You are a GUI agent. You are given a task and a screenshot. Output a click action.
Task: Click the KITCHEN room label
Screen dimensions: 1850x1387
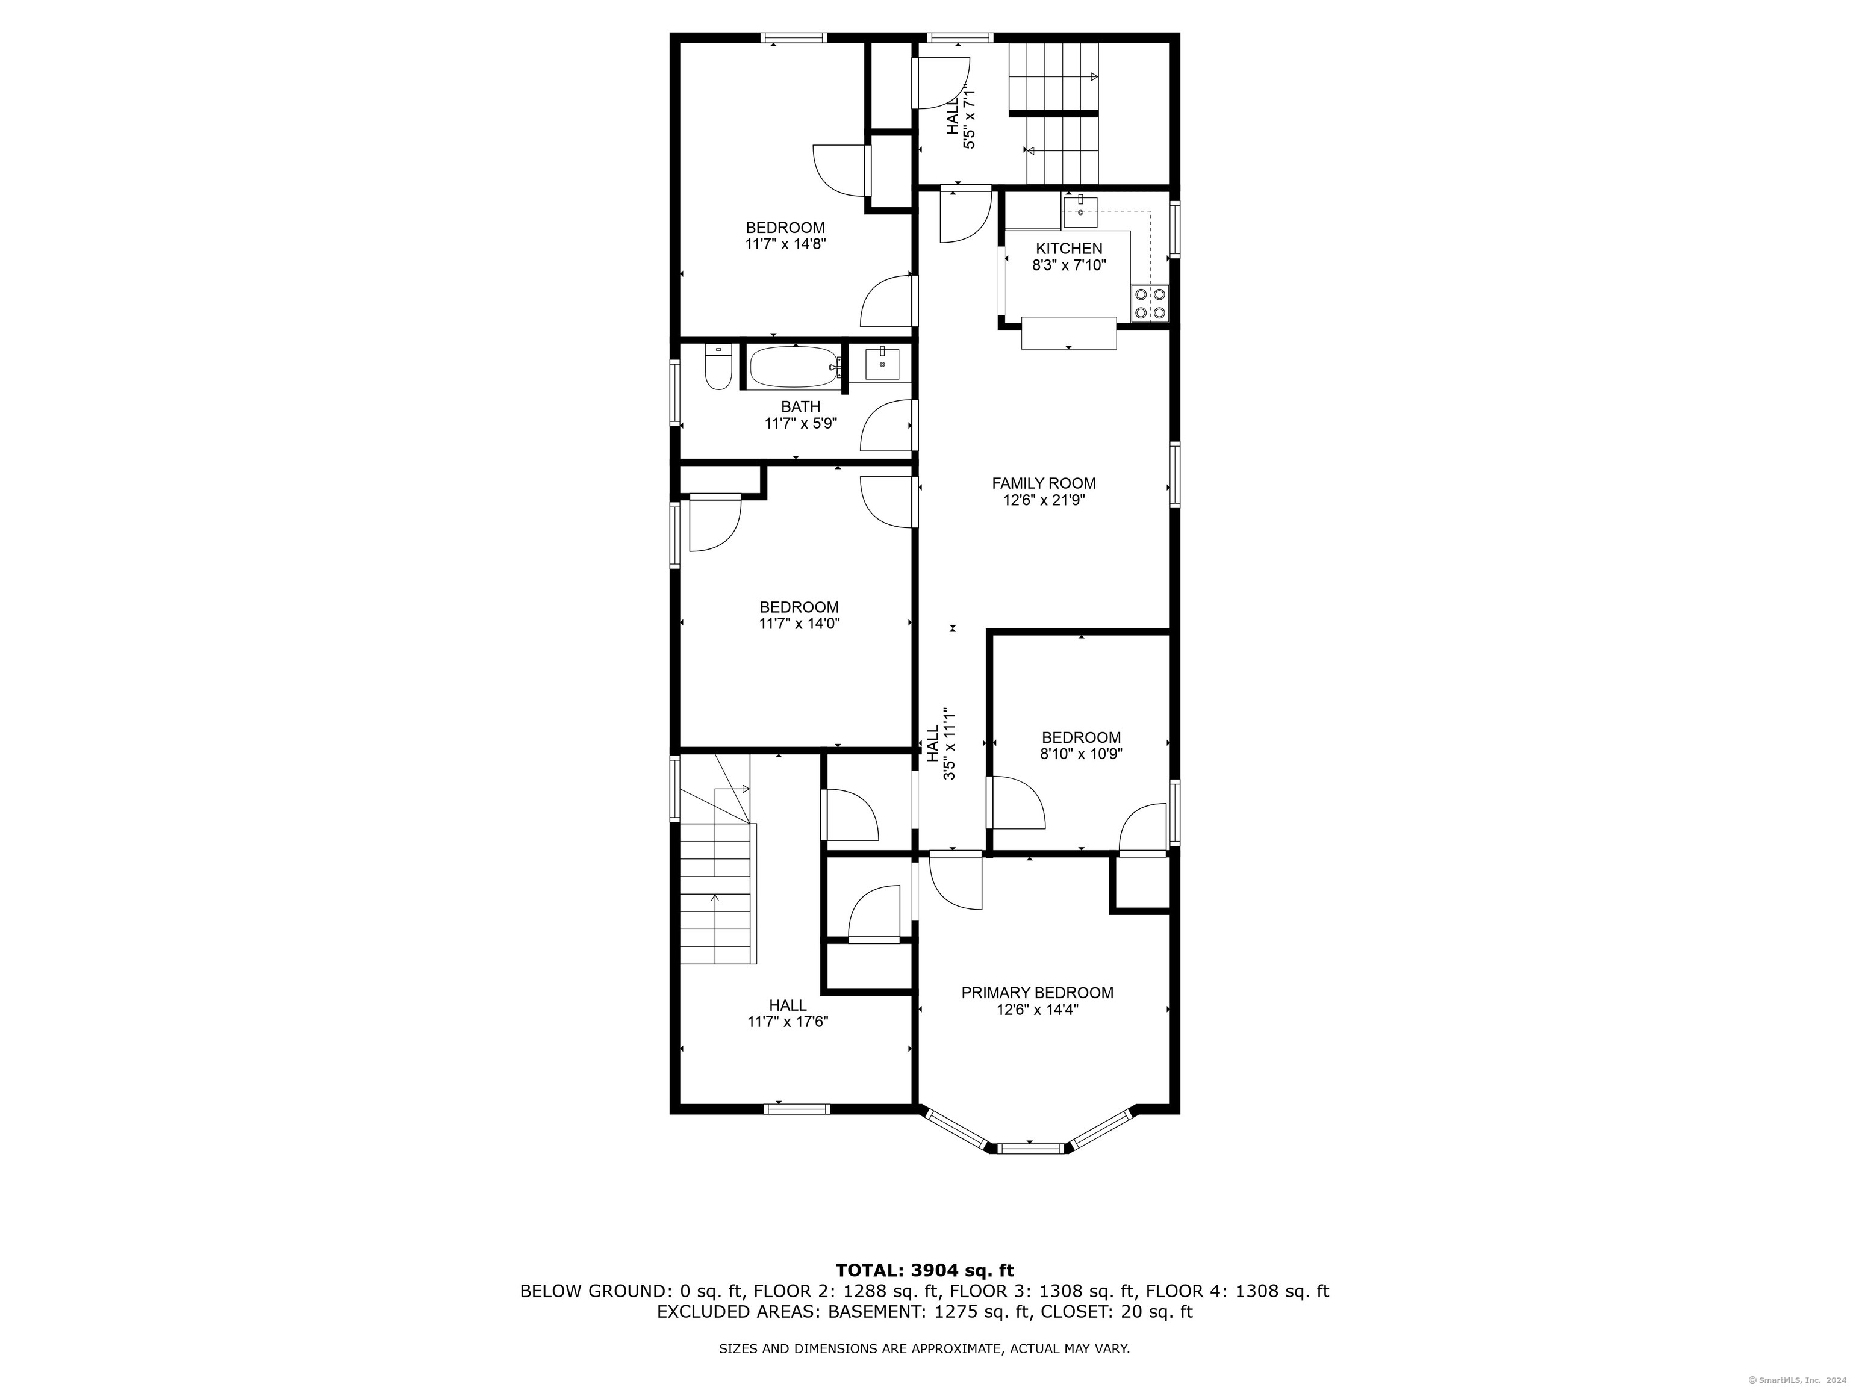(1069, 248)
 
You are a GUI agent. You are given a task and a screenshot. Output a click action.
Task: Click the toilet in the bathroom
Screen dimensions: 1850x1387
(718, 368)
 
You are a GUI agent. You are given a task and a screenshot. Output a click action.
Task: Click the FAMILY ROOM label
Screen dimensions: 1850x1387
(1044, 483)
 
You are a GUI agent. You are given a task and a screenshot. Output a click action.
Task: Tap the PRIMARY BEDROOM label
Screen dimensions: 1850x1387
(1037, 992)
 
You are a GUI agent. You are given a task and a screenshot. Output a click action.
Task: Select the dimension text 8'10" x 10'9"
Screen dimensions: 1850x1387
(1080, 753)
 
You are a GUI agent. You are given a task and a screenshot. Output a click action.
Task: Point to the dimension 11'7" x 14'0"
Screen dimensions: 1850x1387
(799, 623)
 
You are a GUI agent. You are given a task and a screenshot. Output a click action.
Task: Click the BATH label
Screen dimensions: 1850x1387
(800, 406)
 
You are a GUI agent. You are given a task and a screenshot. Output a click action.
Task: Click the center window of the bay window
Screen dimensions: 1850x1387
(1030, 1149)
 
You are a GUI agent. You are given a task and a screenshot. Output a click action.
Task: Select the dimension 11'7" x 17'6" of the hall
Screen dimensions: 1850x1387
(788, 1021)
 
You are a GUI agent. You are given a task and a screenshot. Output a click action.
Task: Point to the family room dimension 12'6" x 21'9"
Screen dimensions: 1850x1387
(1044, 500)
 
